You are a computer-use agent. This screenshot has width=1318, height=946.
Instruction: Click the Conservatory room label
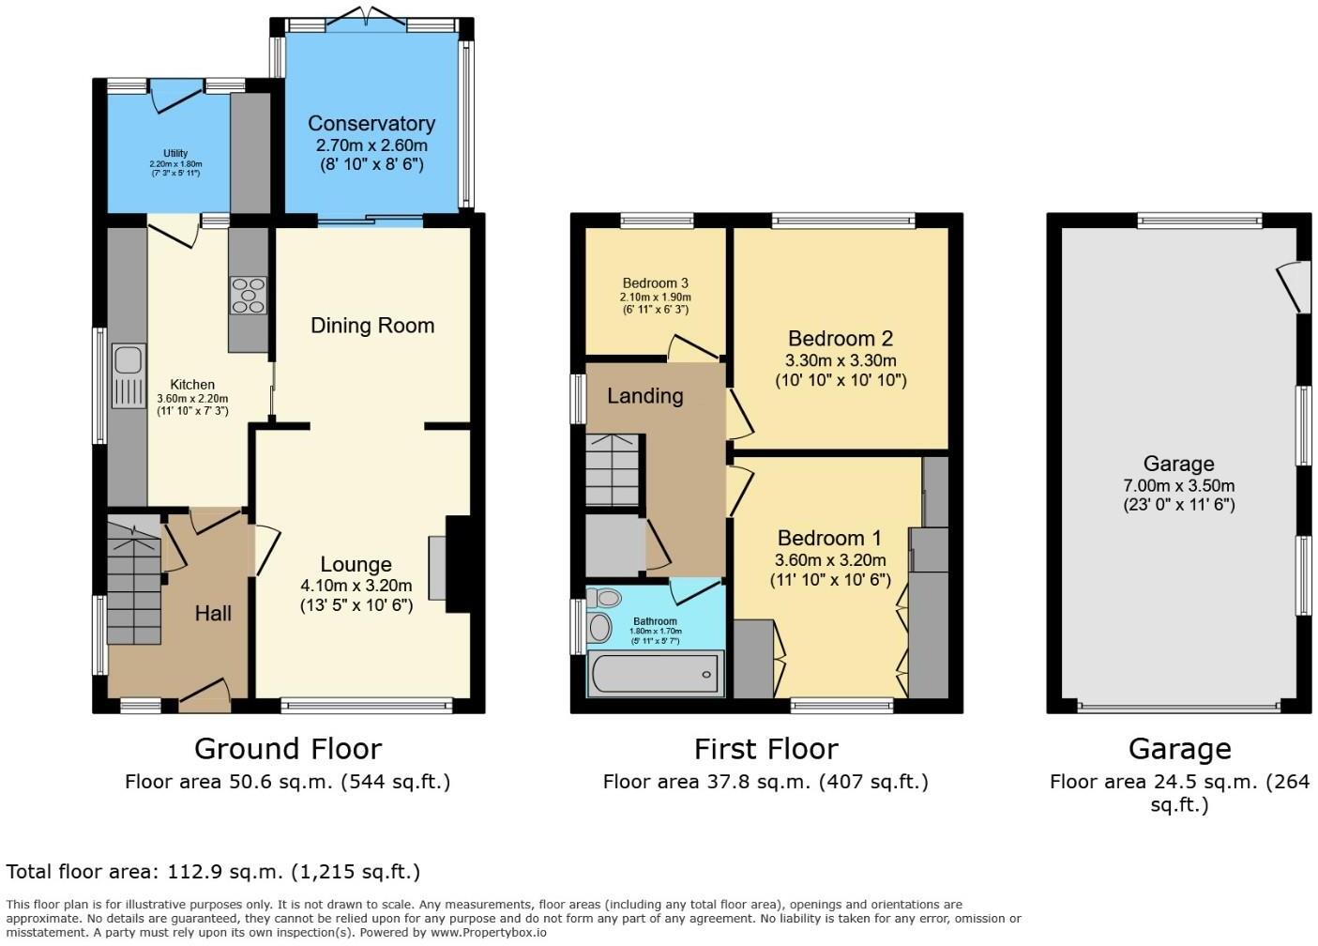point(371,124)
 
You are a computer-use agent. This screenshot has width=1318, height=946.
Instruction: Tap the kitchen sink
point(128,375)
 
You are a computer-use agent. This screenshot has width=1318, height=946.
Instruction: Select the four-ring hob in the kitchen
point(248,294)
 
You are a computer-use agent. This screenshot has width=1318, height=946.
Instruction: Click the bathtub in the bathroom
point(655,674)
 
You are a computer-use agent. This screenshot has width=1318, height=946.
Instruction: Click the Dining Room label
point(372,326)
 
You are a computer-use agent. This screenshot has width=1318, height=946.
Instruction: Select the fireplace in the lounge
point(439,567)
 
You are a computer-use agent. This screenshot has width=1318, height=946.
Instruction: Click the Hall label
point(213,613)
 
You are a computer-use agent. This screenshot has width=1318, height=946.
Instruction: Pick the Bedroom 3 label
point(655,283)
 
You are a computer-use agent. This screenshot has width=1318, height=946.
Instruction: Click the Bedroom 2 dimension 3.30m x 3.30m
point(841,360)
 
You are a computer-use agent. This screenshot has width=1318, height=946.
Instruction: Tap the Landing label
point(644,396)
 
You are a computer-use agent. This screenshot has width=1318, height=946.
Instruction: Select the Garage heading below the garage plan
point(1179,749)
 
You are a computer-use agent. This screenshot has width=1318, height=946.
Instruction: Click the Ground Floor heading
point(287,749)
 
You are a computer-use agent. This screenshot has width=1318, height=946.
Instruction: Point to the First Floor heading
point(765,749)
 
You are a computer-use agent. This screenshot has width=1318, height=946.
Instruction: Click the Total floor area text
point(213,872)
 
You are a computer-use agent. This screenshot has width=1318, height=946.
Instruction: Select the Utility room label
point(175,153)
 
